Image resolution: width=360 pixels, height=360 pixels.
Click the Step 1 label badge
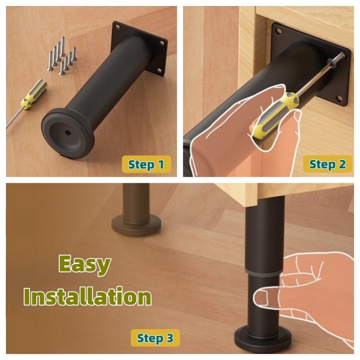coord(147,164)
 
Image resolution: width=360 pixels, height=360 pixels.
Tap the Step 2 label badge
coord(327,164)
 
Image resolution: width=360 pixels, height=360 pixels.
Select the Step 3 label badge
coord(155,338)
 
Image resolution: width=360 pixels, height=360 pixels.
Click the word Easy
coord(85,265)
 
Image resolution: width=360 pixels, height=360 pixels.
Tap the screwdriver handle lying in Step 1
coord(34,94)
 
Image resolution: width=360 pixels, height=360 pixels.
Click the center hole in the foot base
coord(67,133)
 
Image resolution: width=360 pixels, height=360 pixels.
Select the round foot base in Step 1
coord(68,133)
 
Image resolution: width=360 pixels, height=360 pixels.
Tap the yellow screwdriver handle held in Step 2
coord(275,115)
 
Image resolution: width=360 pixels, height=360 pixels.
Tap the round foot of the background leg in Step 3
coord(136,225)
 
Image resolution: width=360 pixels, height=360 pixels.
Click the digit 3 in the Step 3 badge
coord(170,338)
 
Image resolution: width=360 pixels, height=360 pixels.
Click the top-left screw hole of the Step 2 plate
coord(279,31)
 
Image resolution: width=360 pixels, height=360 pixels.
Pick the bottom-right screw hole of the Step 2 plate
coord(340,99)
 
